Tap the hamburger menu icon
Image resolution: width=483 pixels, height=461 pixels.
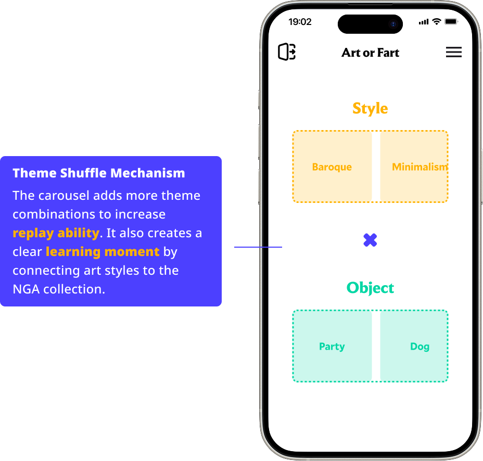[x=453, y=52]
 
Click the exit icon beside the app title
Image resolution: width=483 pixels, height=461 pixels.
[x=287, y=52]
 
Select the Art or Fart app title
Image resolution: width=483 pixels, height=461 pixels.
[x=370, y=53]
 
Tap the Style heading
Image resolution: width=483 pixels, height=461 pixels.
[x=370, y=108]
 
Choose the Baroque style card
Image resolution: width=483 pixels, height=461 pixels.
[x=332, y=167]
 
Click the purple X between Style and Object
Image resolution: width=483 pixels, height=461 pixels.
[x=370, y=240]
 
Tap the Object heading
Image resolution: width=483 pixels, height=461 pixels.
[x=370, y=288]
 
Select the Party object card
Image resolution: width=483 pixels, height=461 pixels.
[x=332, y=347]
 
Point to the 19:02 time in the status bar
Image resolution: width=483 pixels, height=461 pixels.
[x=300, y=22]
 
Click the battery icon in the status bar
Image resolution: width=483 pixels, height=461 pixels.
[x=451, y=22]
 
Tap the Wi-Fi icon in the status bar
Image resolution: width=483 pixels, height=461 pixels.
[x=437, y=22]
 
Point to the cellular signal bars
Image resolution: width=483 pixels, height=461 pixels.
[x=424, y=22]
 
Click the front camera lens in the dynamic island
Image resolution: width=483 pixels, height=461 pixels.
[x=393, y=24]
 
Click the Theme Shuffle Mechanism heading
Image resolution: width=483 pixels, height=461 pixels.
[x=99, y=173]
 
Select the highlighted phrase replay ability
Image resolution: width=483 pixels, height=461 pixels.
[x=56, y=233]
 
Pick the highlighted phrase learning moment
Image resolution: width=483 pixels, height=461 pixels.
[x=103, y=252]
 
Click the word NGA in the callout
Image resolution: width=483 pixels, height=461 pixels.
[x=26, y=289]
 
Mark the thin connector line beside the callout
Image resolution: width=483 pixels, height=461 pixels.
[x=258, y=247]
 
